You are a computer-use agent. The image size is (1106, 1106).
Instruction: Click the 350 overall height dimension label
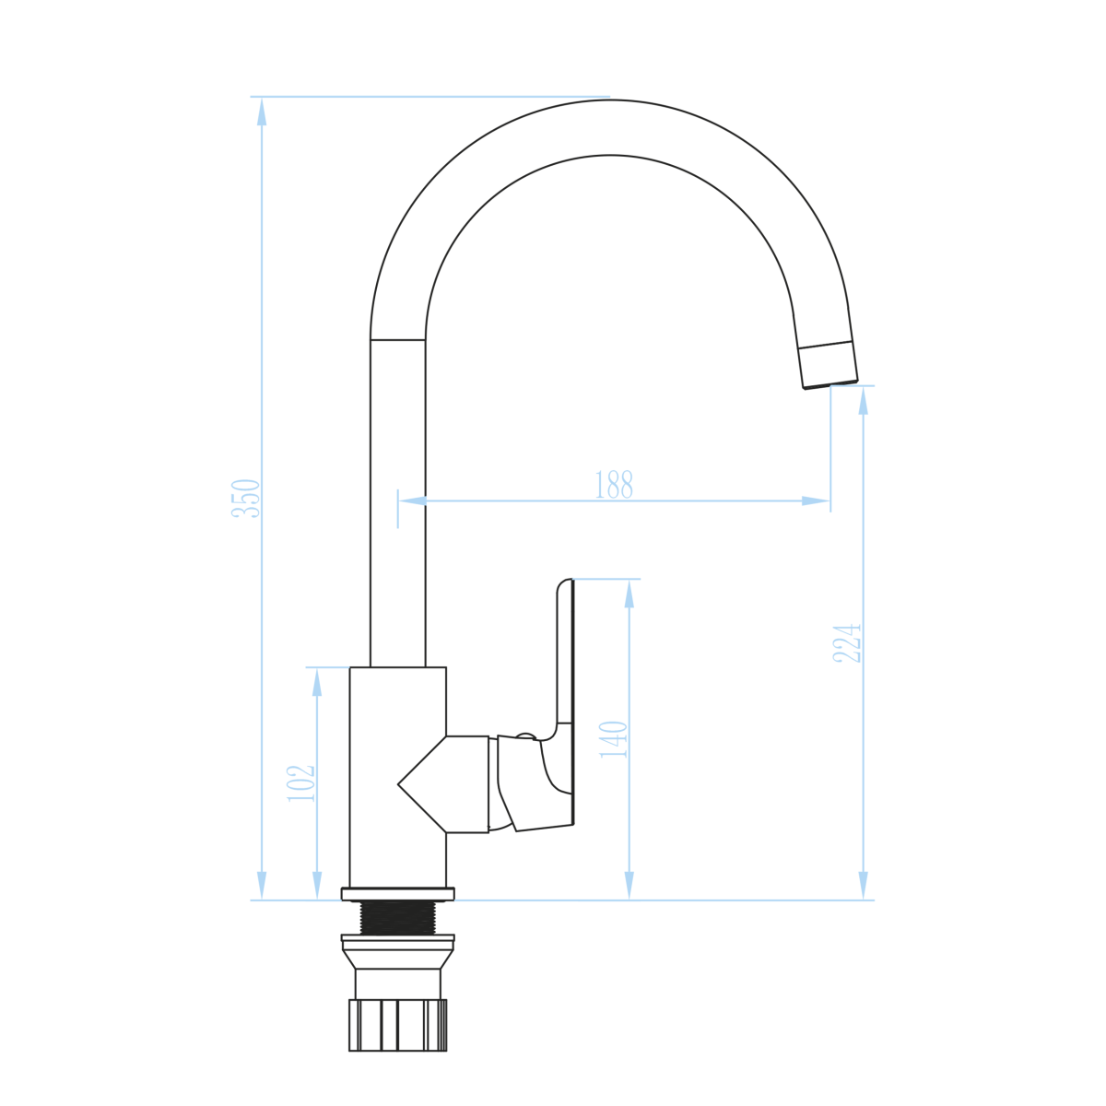click(x=246, y=499)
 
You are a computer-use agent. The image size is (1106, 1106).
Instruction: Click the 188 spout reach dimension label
click(x=614, y=485)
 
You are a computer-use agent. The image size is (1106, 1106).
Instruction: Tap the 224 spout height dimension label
click(x=847, y=643)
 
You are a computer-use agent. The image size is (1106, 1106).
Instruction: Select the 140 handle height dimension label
click(x=614, y=740)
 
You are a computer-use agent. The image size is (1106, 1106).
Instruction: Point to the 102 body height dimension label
click(x=301, y=783)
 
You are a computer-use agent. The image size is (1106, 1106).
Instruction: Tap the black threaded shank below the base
click(x=398, y=918)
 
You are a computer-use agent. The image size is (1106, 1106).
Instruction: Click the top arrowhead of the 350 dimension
click(x=262, y=112)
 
